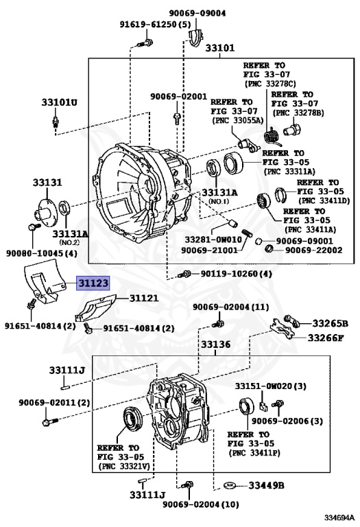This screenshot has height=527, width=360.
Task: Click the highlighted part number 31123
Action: (x=93, y=283)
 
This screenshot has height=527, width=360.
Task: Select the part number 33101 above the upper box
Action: (x=220, y=48)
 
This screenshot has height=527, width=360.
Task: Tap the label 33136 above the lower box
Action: (x=215, y=344)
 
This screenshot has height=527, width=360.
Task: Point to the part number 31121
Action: (x=144, y=298)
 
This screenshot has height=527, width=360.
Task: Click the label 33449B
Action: (x=266, y=485)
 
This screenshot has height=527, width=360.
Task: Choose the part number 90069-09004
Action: (x=197, y=13)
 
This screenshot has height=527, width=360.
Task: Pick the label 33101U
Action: (x=59, y=102)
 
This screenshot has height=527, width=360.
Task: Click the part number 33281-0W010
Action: (x=213, y=239)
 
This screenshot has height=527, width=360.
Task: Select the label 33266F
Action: (x=326, y=337)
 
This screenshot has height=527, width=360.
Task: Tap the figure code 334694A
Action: (x=339, y=517)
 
